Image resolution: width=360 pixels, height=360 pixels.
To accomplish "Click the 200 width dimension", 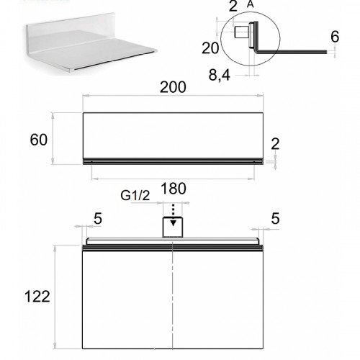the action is (x=173, y=87).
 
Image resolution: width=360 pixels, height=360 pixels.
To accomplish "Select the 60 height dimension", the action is (x=38, y=140).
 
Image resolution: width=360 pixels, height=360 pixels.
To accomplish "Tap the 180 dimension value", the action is (x=174, y=189).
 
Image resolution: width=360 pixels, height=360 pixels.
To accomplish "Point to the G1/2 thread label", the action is (x=135, y=195).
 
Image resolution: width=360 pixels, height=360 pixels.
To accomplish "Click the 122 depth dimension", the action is (x=37, y=297).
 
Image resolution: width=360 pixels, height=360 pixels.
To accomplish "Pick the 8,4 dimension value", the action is (x=220, y=75).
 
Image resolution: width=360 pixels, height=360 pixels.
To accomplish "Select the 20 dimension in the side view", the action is (x=210, y=48).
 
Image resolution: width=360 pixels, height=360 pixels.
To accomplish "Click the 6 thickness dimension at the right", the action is (x=335, y=37).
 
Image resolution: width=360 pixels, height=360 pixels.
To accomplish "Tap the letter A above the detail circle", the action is (x=250, y=4).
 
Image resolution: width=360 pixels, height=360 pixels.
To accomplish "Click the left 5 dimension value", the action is (x=98, y=219).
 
